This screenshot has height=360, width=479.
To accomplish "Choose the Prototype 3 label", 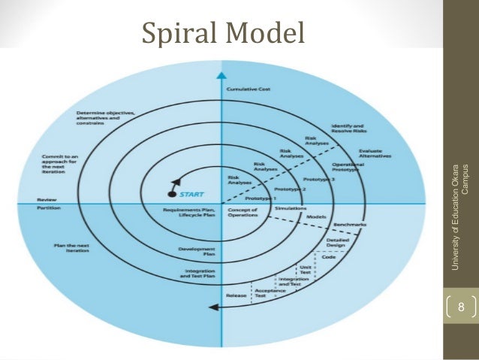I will [320, 180].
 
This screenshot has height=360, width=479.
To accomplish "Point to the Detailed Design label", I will [335, 244].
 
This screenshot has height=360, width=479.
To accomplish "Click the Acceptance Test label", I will [260, 293].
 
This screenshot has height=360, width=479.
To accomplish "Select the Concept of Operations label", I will [243, 212].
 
